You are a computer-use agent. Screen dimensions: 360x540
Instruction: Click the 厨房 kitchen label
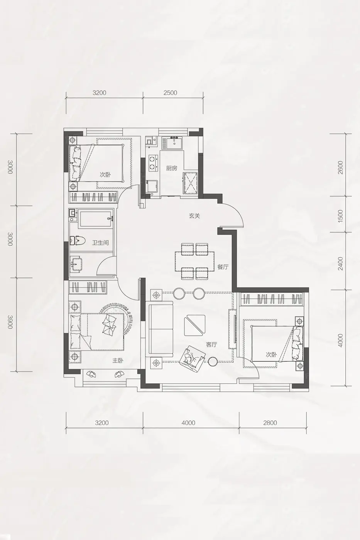tap(171, 168)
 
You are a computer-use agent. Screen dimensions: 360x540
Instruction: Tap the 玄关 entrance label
tap(194, 216)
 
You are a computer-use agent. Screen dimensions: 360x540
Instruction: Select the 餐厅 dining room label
tap(223, 267)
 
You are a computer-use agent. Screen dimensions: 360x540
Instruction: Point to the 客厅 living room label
tap(211, 344)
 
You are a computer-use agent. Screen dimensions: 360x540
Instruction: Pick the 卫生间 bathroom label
tap(100, 243)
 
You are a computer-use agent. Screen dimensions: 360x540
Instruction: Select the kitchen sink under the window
tap(173, 143)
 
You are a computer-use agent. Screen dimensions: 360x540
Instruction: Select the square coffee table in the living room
tap(195, 325)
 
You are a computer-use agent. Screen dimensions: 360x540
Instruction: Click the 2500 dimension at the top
tap(170, 93)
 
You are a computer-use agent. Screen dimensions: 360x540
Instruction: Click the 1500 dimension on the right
tap(340, 216)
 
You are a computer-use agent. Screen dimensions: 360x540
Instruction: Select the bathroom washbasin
tap(76, 264)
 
